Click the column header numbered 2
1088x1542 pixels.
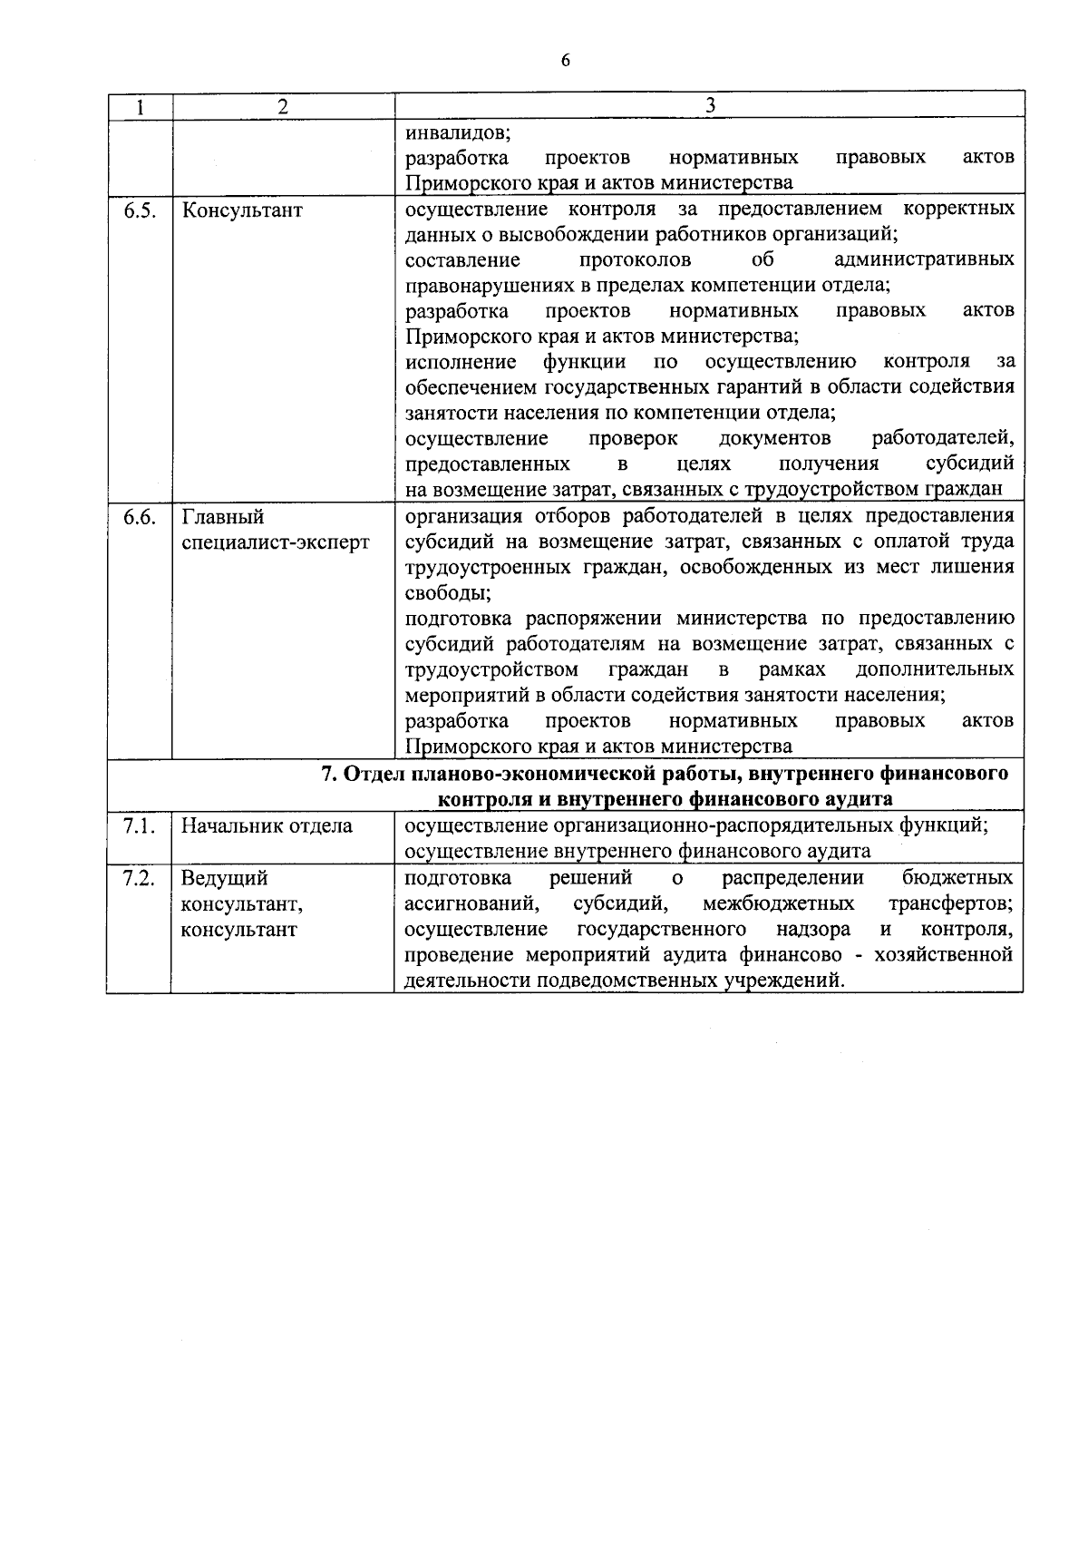pos(283,106)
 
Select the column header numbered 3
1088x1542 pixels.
pos(710,105)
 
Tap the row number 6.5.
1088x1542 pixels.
pos(140,210)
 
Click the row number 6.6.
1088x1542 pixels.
pos(140,516)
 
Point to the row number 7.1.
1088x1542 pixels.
pos(140,825)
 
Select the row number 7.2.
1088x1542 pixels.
pos(140,878)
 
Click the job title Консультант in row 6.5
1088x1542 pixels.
pos(242,210)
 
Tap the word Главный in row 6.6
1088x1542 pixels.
pos(223,516)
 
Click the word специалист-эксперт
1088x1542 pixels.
pos(276,542)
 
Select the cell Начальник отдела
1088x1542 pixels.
pos(267,825)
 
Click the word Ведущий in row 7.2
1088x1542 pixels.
pos(224,878)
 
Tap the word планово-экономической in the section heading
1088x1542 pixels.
pos(532,774)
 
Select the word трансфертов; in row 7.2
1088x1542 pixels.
pos(951,903)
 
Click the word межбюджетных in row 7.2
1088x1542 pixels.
pos(778,903)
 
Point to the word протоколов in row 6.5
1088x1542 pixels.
pos(635,260)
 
